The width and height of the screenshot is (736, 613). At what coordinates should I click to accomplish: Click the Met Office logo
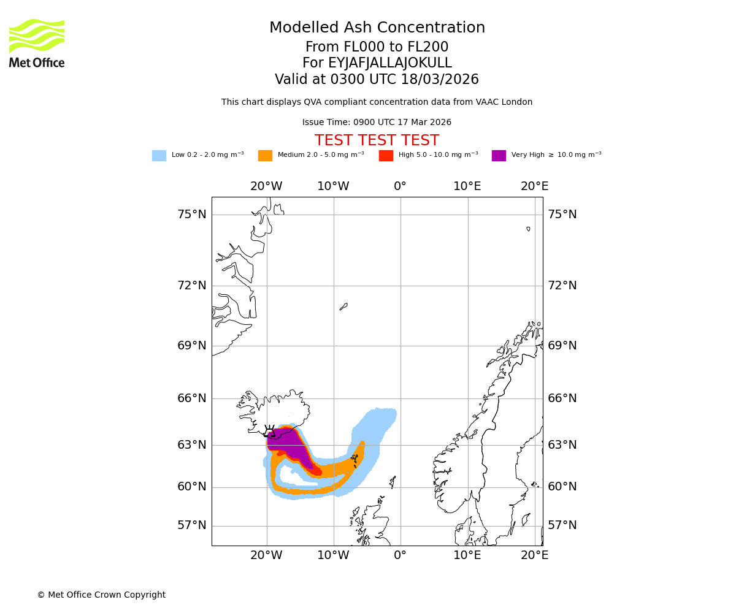[37, 43]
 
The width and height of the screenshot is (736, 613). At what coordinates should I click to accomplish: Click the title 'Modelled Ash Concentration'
[377, 28]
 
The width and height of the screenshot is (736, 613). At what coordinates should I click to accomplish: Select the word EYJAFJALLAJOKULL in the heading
[389, 63]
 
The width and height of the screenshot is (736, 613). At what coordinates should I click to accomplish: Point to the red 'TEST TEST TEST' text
[377, 140]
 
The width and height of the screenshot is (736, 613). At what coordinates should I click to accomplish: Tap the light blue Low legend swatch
[159, 156]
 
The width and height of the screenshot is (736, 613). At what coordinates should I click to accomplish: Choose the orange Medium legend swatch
[265, 156]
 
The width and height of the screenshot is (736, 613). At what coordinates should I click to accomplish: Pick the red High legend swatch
[386, 156]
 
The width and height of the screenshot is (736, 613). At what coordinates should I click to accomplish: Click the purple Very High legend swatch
[499, 156]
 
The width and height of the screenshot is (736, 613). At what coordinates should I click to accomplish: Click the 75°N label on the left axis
[192, 215]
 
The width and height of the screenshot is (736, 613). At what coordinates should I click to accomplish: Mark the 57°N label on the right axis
[562, 525]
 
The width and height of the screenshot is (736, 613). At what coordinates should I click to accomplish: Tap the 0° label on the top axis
[400, 186]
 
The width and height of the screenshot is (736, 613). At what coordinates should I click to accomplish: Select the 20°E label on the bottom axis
[535, 555]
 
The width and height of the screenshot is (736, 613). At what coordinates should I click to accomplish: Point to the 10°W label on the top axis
[333, 186]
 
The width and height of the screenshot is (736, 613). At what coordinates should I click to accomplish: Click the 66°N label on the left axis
[192, 398]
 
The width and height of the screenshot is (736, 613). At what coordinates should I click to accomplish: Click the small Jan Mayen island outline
[343, 306]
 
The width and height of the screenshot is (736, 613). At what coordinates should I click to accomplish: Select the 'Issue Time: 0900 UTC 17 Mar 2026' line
[377, 123]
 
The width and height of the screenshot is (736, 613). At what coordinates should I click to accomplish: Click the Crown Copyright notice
[101, 595]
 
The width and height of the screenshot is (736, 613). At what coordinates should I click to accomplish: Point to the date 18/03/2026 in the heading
[440, 80]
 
